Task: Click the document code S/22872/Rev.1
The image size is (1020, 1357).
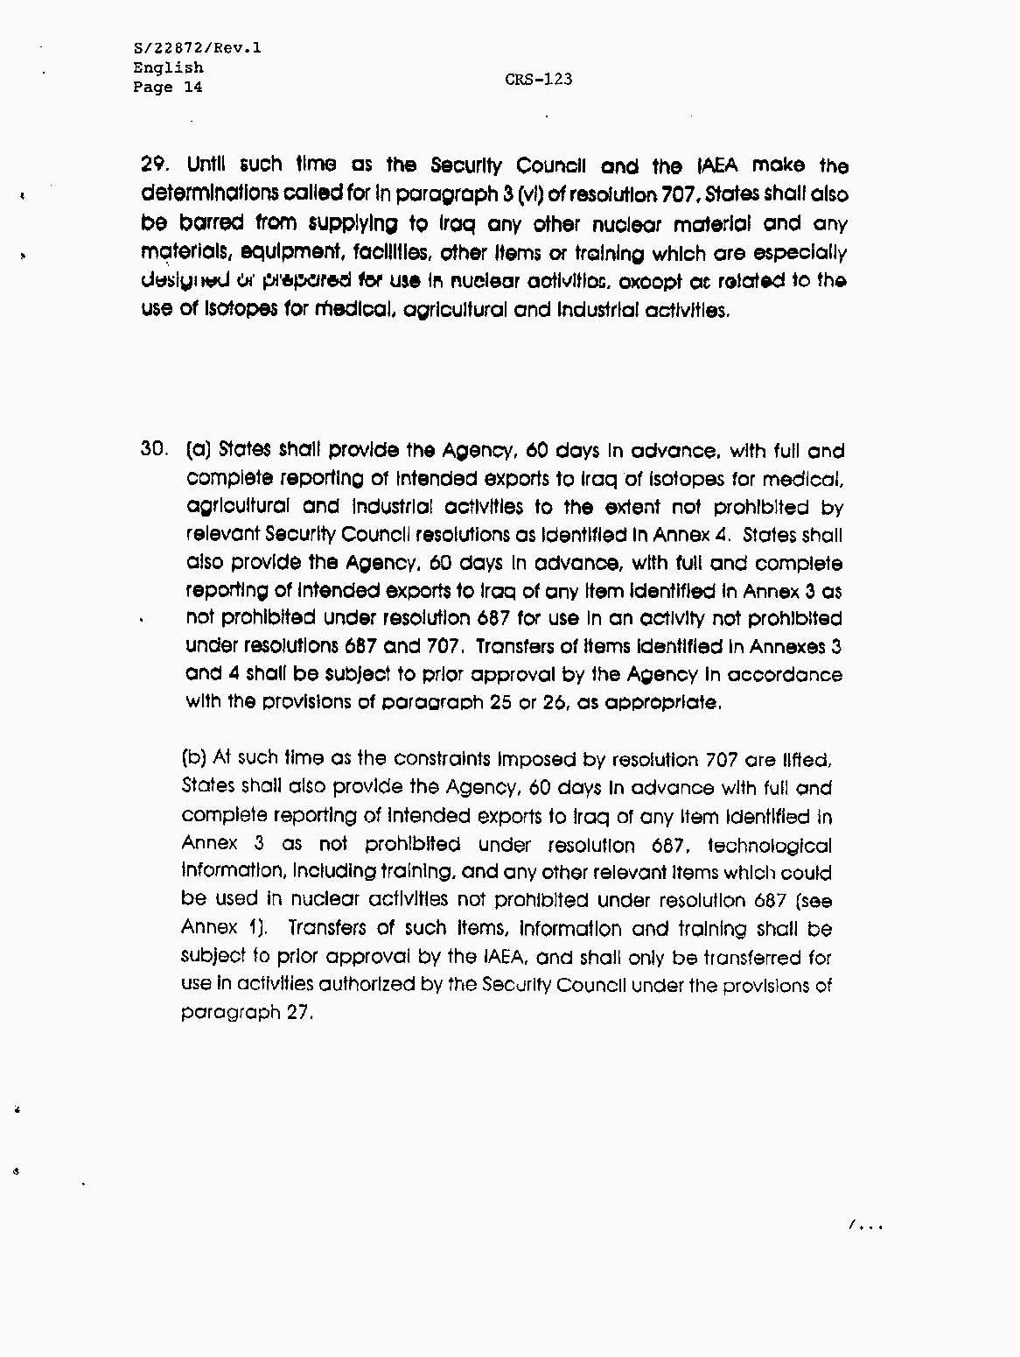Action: (197, 48)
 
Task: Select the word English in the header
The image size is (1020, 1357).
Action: (168, 67)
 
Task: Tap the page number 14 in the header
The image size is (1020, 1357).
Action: (192, 87)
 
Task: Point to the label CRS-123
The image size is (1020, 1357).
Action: (538, 79)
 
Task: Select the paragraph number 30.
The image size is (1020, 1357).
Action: (154, 450)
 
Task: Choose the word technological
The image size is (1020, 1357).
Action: (769, 845)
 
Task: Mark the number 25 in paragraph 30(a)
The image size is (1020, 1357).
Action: (500, 702)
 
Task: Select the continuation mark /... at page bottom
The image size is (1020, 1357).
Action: (865, 1226)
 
